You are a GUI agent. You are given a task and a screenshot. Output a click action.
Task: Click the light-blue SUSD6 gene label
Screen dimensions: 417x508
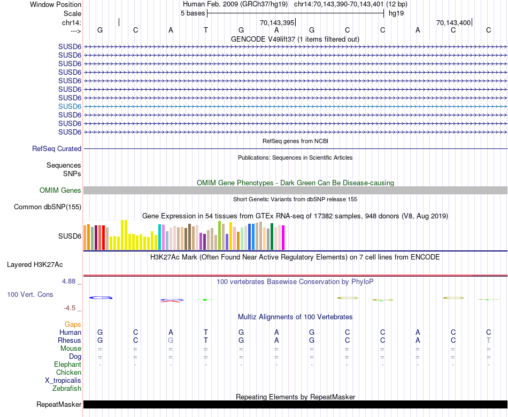point(70,106)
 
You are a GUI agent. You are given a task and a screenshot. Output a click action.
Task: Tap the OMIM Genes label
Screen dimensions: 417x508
point(60,191)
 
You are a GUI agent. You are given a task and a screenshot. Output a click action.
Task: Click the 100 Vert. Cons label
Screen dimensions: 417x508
point(30,295)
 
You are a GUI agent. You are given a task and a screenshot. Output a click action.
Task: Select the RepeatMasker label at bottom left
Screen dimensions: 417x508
point(59,405)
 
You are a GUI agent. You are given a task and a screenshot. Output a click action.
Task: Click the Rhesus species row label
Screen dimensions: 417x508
point(71,341)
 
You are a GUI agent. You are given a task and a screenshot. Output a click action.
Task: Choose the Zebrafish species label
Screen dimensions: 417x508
point(67,389)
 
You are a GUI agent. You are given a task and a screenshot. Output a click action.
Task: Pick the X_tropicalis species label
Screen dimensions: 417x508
point(63,381)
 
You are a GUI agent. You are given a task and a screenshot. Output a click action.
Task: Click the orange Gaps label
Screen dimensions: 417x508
point(73,325)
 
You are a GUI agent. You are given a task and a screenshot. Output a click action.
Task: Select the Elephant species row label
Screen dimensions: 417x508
point(67,365)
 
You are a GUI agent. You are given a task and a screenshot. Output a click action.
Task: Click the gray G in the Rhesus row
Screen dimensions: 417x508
point(171,341)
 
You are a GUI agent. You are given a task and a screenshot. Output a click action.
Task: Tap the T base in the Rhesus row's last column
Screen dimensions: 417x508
point(488,341)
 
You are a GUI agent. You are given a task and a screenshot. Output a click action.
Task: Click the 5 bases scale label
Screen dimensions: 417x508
point(193,13)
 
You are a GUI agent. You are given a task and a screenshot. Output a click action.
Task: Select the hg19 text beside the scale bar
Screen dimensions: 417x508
point(396,13)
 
